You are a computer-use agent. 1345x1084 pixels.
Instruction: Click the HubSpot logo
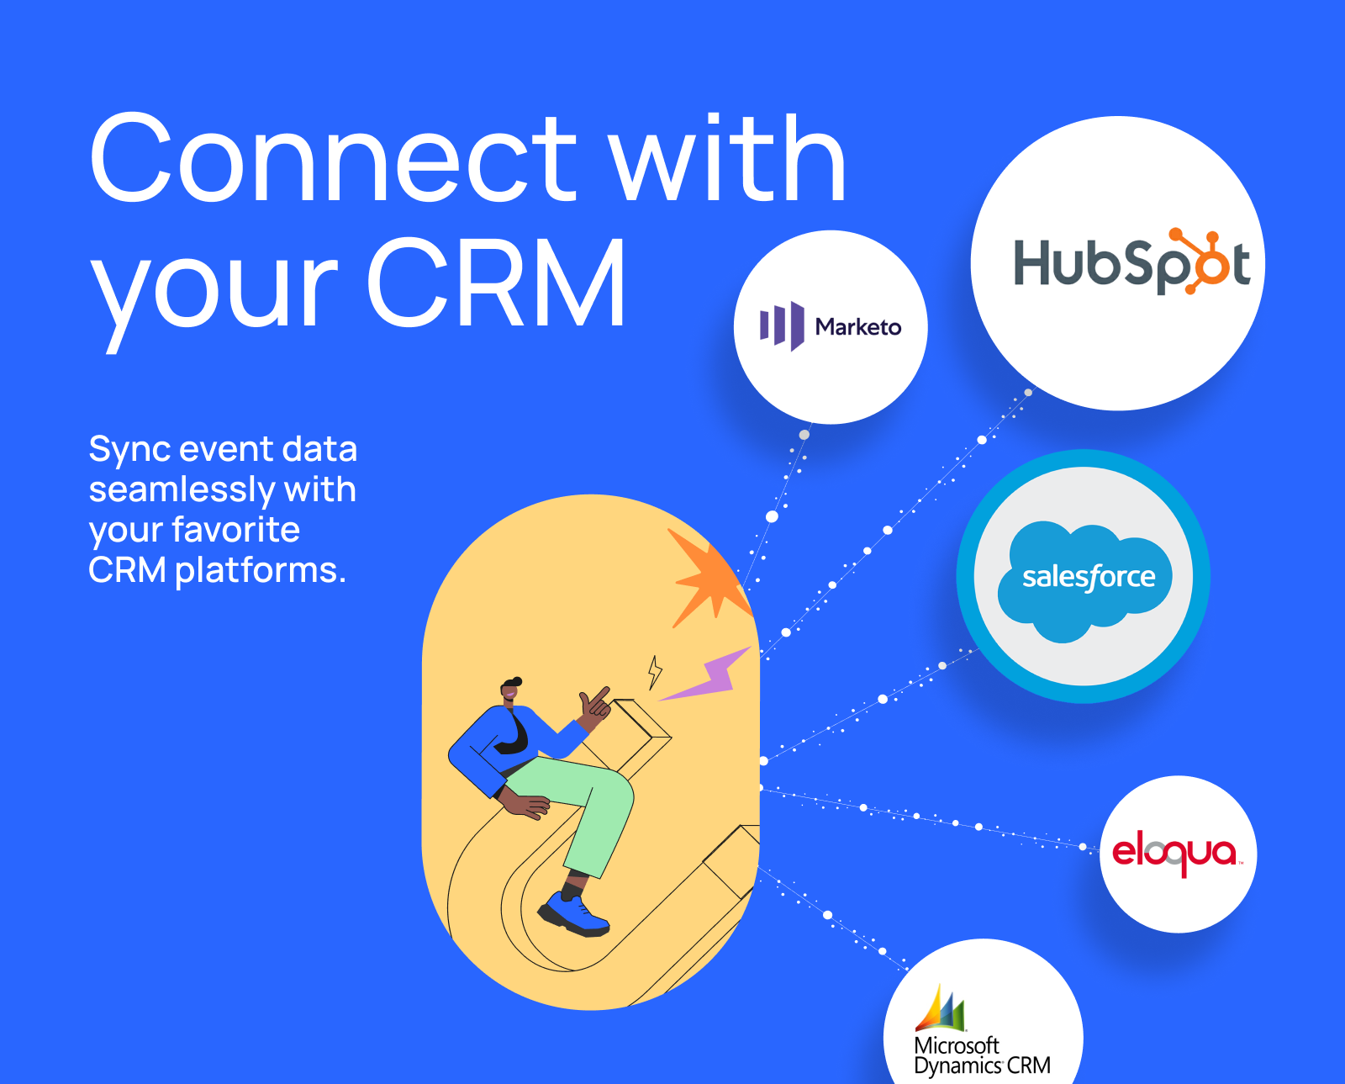(1131, 261)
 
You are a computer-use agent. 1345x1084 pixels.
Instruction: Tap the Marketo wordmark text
(858, 326)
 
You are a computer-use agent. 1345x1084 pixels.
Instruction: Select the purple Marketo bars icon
(782, 326)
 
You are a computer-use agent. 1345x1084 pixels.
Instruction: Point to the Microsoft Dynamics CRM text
(982, 1056)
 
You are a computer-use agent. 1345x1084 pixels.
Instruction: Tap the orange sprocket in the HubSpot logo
(1200, 261)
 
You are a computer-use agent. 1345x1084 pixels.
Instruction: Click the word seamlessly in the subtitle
(182, 489)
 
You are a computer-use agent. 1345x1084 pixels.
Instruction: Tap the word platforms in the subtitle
(260, 572)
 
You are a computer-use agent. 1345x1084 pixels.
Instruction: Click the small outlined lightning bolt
(654, 673)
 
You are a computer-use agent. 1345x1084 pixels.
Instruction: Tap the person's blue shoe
(572, 914)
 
